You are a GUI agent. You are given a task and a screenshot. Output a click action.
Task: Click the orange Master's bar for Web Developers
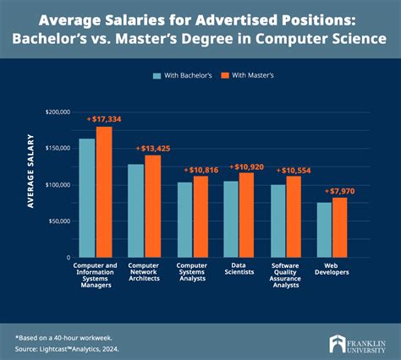(339, 227)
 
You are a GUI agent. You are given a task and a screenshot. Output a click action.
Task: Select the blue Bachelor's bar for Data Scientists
(230, 219)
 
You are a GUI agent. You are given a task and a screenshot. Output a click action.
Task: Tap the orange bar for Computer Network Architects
(152, 205)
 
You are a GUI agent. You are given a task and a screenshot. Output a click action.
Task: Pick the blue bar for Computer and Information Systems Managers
(86, 198)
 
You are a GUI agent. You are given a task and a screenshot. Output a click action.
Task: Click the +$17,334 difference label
(104, 119)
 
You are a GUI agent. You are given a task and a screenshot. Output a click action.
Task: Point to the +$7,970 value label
(339, 191)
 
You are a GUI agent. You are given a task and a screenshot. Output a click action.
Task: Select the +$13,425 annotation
(153, 148)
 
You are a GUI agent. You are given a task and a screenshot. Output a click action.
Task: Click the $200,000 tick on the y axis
(57, 112)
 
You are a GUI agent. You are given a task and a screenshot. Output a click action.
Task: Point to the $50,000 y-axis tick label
(58, 221)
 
